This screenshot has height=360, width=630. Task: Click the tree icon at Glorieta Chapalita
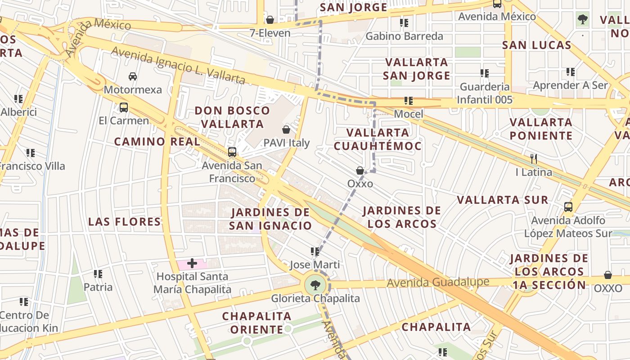coord(315,285)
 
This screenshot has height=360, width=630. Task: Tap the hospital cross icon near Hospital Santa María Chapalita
coord(192,263)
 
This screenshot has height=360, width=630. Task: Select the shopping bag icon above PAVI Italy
coord(286,130)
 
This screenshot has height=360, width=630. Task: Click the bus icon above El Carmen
coord(123,108)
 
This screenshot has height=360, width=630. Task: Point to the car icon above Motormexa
coord(132,76)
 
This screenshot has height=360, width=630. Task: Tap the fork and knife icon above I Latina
coord(534,158)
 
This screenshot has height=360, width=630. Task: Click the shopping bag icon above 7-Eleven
coord(270,20)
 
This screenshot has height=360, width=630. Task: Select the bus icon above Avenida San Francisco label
coord(232,152)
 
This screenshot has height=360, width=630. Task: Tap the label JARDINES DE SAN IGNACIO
coord(270,219)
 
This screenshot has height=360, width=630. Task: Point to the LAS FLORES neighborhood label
coord(125,221)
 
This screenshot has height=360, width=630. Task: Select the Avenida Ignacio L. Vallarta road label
coord(178,66)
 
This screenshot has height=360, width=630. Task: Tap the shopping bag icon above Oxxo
coord(360,171)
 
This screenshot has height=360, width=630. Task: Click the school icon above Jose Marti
coord(315,251)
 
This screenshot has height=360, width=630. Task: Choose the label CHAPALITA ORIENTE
coord(256,323)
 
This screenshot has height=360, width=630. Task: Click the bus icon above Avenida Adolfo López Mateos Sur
coord(568,207)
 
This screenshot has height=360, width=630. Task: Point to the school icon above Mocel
coord(408,101)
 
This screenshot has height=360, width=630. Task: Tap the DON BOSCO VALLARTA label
coord(232,117)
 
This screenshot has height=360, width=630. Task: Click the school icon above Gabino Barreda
coord(404,22)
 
